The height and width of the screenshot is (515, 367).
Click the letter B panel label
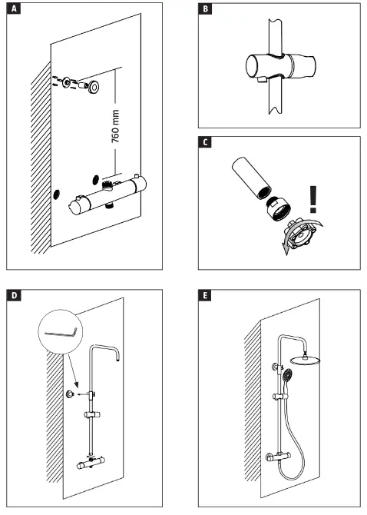coord(206,10)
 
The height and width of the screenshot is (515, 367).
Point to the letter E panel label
coord(206,296)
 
